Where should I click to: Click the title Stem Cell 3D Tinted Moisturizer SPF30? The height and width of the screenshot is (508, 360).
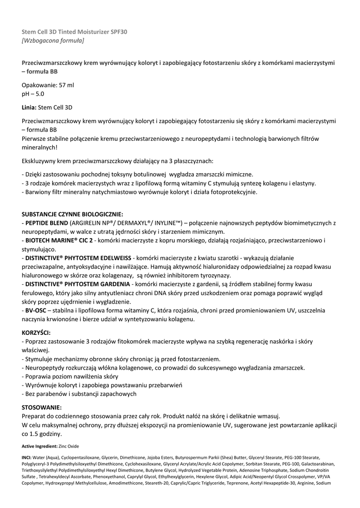click(74, 32)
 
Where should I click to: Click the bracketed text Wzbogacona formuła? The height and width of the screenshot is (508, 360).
click(53, 40)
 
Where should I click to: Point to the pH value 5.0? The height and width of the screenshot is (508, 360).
click(39, 93)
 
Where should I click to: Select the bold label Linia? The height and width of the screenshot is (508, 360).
click(29, 107)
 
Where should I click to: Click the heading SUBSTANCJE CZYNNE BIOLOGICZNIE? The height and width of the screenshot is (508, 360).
click(72, 214)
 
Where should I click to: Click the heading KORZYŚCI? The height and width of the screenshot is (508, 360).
click(36, 332)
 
